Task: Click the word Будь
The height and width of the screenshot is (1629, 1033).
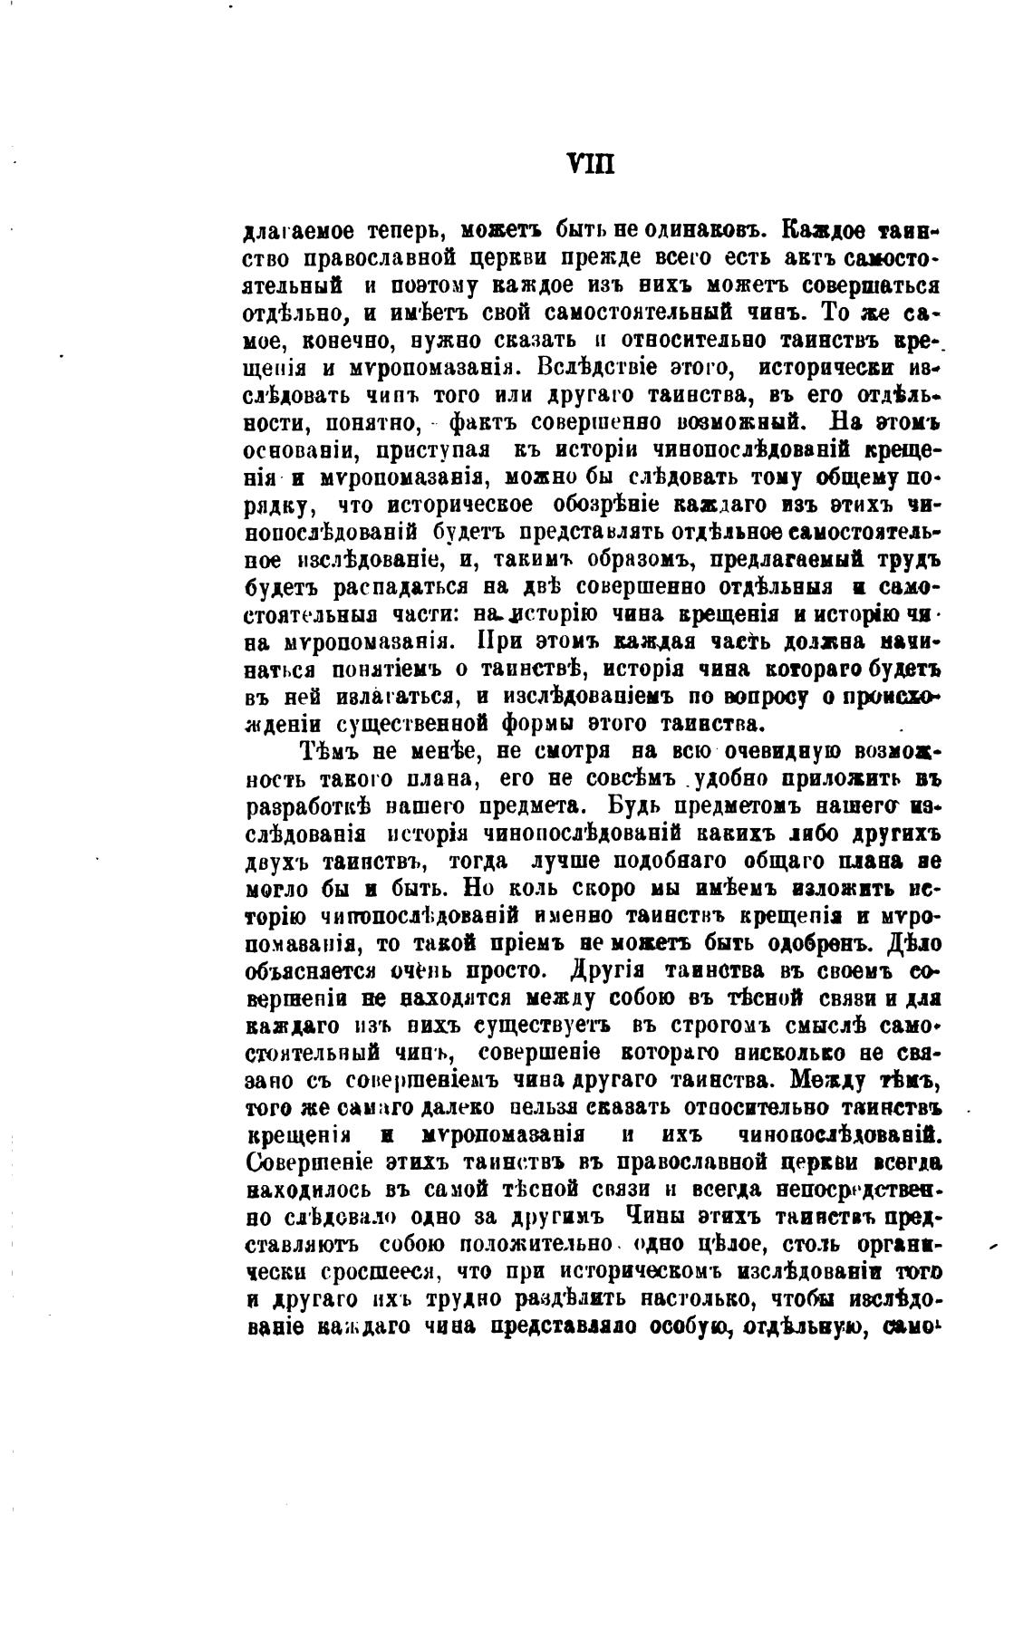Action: (627, 806)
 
